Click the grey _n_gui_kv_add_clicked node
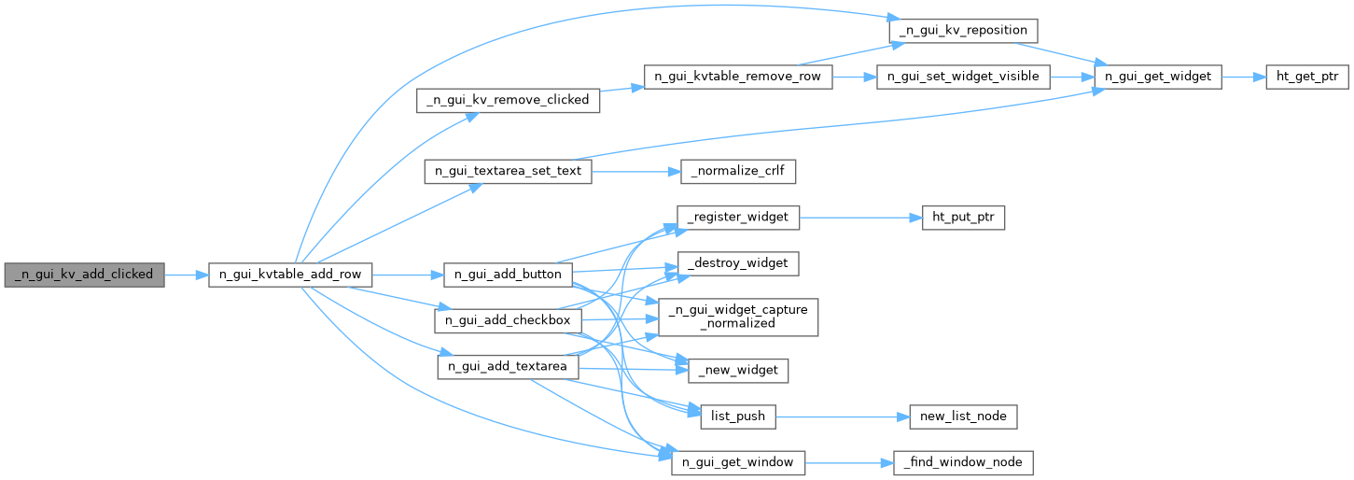tap(84, 275)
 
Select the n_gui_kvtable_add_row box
tap(290, 275)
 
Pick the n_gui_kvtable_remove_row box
tap(737, 77)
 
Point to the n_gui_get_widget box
tap(1157, 77)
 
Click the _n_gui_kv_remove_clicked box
tap(507, 100)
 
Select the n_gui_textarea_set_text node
tap(508, 171)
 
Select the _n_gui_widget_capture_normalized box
tap(738, 317)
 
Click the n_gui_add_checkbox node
tap(508, 320)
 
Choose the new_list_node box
tap(963, 416)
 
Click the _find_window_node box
tap(963, 461)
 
